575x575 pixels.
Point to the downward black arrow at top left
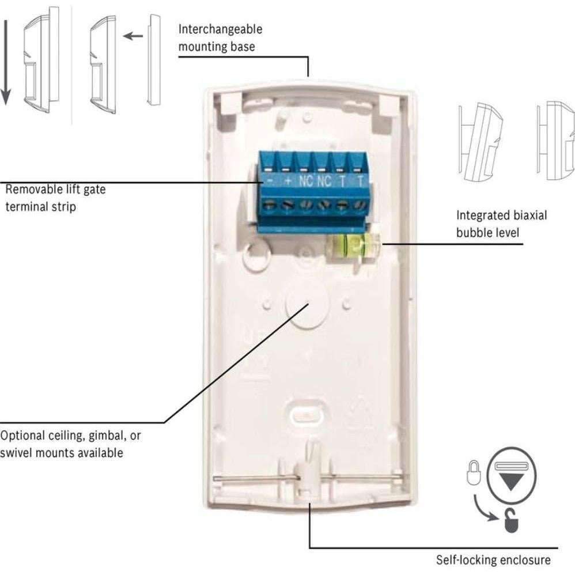(x=5, y=63)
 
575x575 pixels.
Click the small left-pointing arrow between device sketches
(x=133, y=36)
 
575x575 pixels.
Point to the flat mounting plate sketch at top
(x=154, y=60)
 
